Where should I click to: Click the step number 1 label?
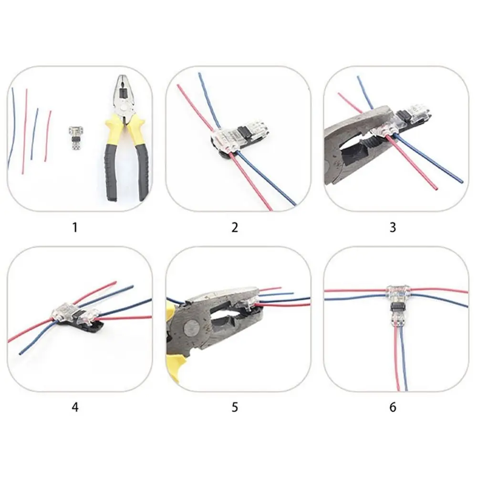coord(74,227)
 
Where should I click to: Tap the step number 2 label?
coord(234,227)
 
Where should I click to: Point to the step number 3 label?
coord(393,227)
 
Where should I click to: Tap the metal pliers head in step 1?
coord(121,94)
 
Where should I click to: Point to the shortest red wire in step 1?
coord(48,136)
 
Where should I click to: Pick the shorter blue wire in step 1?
coord(34,134)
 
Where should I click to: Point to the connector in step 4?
coord(76,315)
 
